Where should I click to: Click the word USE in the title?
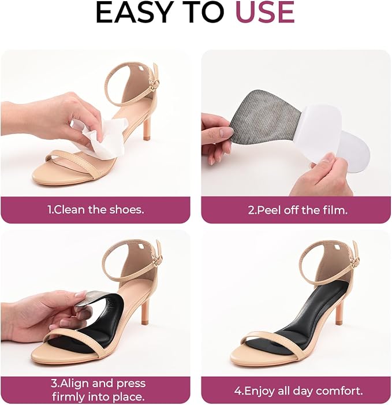click(x=265, y=12)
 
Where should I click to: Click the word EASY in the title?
click(x=134, y=12)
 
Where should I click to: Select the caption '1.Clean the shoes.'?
click(x=96, y=210)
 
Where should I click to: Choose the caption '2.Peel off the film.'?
click(x=297, y=210)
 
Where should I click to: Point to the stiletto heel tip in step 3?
click(x=144, y=322)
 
